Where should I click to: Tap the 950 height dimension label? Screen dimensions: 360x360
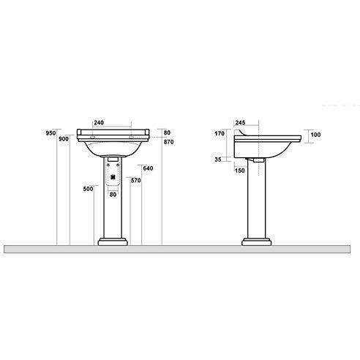(x=50, y=133)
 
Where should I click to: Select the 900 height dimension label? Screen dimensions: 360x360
(x=64, y=140)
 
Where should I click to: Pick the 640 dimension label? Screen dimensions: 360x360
(x=147, y=168)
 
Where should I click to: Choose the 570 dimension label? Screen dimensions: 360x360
(x=135, y=180)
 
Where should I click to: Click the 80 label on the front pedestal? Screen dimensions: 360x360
(x=113, y=195)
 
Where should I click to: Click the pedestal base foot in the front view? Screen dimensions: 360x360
(x=113, y=241)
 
